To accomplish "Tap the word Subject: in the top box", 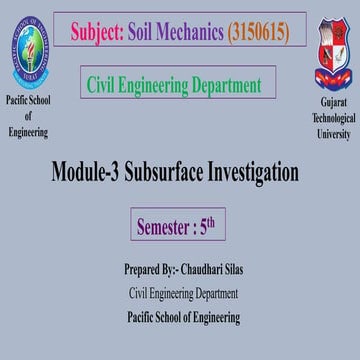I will click(x=99, y=33).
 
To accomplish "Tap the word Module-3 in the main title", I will click(x=89, y=172).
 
